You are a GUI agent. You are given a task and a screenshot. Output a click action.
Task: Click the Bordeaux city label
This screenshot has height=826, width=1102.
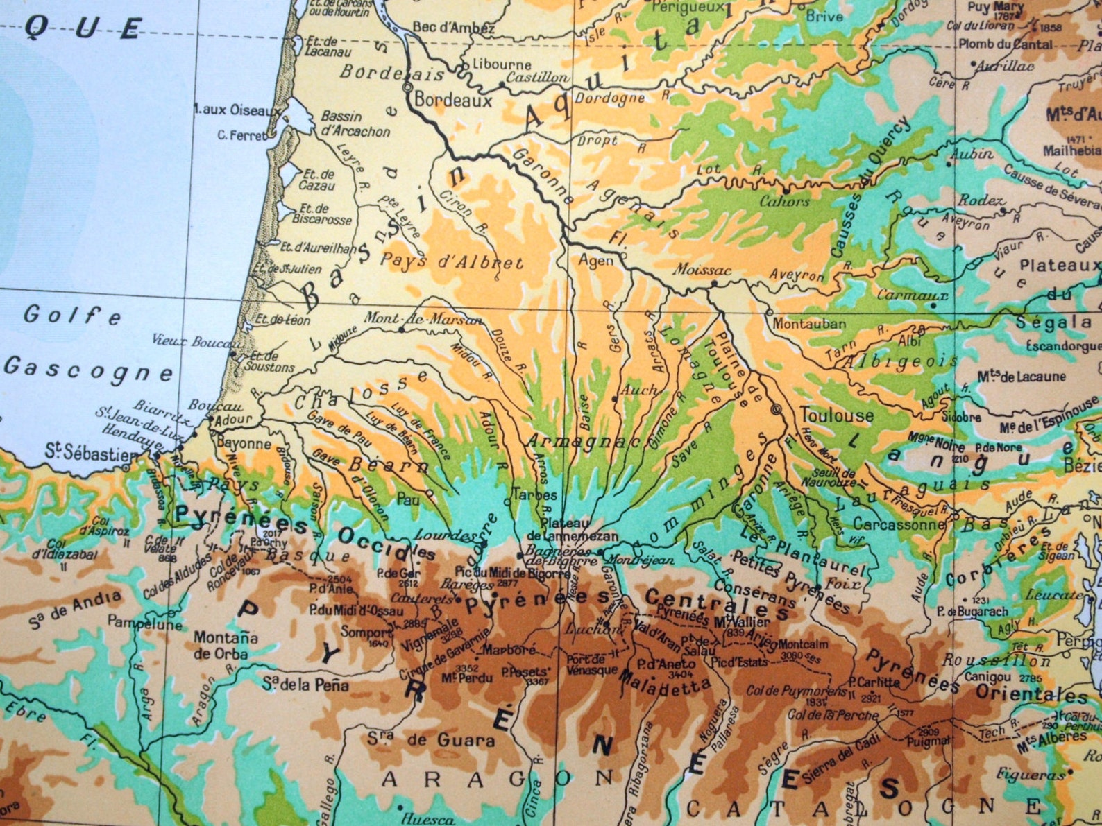(x=453, y=101)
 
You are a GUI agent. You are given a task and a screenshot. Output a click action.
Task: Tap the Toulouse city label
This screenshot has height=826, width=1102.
(x=836, y=415)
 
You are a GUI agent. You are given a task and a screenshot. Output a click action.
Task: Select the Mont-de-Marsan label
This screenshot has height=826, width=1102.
(x=423, y=318)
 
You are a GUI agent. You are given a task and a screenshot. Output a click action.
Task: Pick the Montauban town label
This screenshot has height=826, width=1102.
(x=809, y=324)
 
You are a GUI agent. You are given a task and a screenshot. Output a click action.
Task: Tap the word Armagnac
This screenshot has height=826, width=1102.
(x=583, y=440)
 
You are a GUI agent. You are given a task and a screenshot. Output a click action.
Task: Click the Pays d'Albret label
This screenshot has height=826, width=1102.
(x=451, y=262)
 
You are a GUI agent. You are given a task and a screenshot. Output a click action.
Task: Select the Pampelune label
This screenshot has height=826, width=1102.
(x=144, y=623)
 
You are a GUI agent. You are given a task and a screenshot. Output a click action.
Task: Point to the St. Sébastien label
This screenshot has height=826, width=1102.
(x=92, y=453)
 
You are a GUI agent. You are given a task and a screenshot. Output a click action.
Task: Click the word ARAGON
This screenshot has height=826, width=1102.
(x=498, y=778)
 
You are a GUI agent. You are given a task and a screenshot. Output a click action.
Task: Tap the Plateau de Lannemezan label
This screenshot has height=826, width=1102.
(x=571, y=529)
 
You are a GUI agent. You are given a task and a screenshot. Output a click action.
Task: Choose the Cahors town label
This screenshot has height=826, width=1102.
(x=784, y=202)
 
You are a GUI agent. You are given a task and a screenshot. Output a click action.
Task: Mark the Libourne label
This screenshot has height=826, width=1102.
(x=502, y=63)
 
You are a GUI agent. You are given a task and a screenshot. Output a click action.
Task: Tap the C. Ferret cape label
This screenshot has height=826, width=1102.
(x=241, y=135)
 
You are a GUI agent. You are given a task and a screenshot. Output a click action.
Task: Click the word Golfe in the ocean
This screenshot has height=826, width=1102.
(x=72, y=316)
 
